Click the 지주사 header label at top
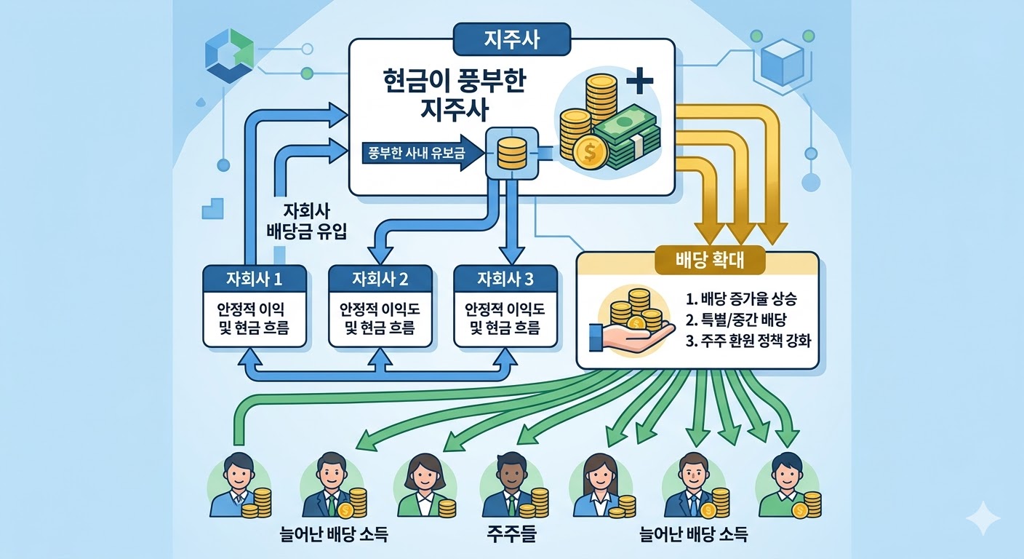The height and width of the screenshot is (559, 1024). (x=511, y=41)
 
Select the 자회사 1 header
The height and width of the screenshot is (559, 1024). (x=254, y=279)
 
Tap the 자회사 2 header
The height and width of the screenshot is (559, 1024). (x=380, y=279)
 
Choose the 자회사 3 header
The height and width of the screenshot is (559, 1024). (x=505, y=279)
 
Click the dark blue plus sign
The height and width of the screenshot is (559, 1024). (x=640, y=83)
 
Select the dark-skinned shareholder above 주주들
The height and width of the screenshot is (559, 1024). (x=506, y=483)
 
